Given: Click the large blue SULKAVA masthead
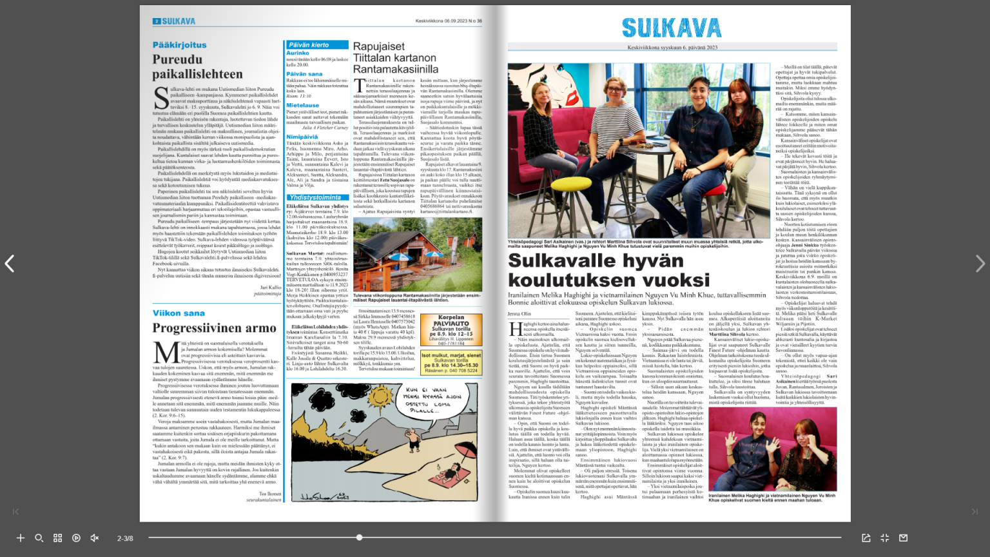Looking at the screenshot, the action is click(672, 28).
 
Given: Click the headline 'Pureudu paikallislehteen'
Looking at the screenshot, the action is click(197, 66).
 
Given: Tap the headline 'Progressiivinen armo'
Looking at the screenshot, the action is click(214, 328).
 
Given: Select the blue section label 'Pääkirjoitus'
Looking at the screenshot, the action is click(180, 45).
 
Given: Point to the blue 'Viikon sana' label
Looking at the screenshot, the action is click(179, 313).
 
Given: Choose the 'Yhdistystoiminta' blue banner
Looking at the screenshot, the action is click(315, 197).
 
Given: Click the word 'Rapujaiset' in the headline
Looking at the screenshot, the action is click(379, 46).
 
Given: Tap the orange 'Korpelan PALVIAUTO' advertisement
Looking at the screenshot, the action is click(451, 330).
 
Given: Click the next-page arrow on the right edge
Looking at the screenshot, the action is click(980, 264).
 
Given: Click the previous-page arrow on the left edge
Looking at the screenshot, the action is click(10, 264).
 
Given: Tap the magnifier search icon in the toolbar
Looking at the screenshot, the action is click(39, 538).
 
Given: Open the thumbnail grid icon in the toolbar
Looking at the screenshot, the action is click(57, 538).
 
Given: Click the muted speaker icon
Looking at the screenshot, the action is click(95, 538).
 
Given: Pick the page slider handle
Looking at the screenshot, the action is click(359, 537).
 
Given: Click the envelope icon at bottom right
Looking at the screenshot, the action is click(903, 538).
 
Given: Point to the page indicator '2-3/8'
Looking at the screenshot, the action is click(125, 538).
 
